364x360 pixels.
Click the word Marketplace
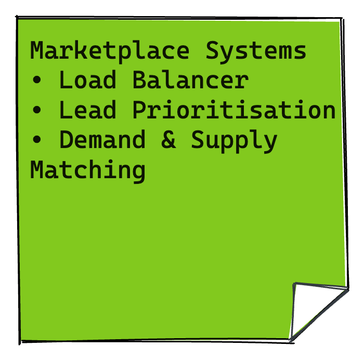110,51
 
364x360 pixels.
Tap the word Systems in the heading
256,51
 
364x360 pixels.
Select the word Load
88,81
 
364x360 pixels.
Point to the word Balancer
190,81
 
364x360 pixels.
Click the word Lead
88,110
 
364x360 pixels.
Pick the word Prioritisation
233,111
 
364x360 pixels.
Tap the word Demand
102,140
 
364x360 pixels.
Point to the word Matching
88,171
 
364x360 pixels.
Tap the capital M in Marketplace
37,51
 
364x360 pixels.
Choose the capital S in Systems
212,51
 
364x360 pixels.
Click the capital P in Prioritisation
139,110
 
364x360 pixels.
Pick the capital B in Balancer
139,81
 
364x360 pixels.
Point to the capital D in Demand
66,140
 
